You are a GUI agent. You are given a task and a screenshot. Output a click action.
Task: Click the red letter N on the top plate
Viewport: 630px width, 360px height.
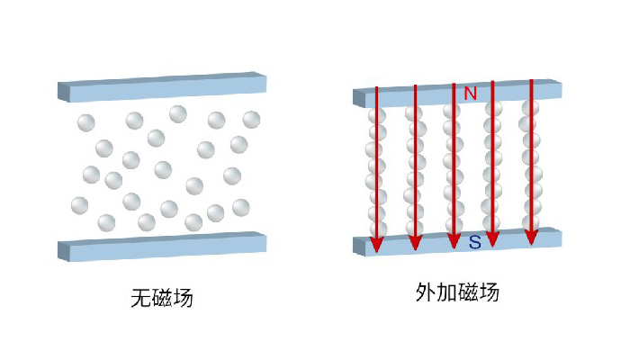click(x=470, y=93)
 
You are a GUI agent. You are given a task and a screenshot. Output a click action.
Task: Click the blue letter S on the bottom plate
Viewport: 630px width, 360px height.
click(x=474, y=242)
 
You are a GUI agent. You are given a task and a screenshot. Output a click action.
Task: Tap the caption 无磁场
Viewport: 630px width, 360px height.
click(x=162, y=297)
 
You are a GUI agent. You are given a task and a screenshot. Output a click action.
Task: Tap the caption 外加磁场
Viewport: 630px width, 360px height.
click(x=457, y=292)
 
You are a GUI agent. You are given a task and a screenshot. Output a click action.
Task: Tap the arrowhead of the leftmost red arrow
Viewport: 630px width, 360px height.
click(x=376, y=243)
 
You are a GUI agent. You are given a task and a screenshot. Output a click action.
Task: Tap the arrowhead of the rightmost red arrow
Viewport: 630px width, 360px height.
click(x=532, y=235)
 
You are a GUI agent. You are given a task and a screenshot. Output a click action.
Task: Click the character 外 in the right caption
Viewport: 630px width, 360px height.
click(x=426, y=292)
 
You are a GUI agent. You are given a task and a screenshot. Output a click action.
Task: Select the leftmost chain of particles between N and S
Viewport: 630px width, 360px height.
click(x=376, y=171)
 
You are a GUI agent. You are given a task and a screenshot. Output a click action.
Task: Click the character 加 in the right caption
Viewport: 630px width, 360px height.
click(x=446, y=292)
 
